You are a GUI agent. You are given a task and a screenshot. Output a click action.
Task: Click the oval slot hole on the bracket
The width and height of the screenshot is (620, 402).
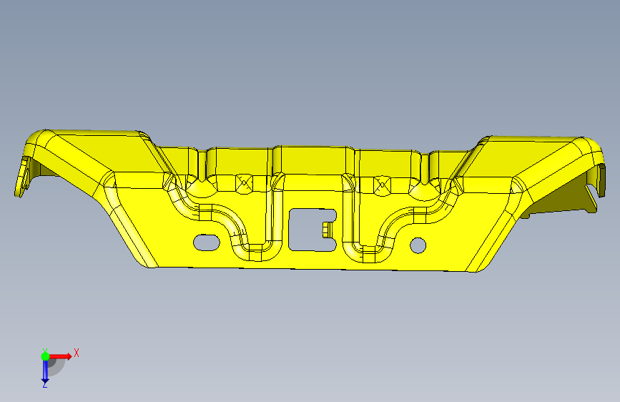(x=207, y=242)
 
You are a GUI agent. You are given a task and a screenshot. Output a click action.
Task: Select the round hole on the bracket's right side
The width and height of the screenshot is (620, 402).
(x=418, y=245)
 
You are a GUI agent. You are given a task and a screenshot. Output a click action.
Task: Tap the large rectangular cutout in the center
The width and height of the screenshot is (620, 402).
(x=313, y=230)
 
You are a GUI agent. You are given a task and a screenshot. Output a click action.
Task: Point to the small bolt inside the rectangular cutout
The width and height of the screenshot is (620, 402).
(x=327, y=230)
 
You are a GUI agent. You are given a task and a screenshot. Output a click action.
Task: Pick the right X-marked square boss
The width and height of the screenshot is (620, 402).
(x=382, y=185)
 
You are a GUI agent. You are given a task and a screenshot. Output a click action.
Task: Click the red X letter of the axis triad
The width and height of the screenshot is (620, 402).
(x=77, y=353)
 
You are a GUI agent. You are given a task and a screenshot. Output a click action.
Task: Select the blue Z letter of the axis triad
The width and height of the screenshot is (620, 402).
(x=44, y=384)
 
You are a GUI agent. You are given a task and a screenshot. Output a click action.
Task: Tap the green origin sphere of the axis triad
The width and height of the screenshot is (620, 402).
(x=45, y=356)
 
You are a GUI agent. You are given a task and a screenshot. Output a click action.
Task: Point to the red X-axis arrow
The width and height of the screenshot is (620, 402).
(x=59, y=356)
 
